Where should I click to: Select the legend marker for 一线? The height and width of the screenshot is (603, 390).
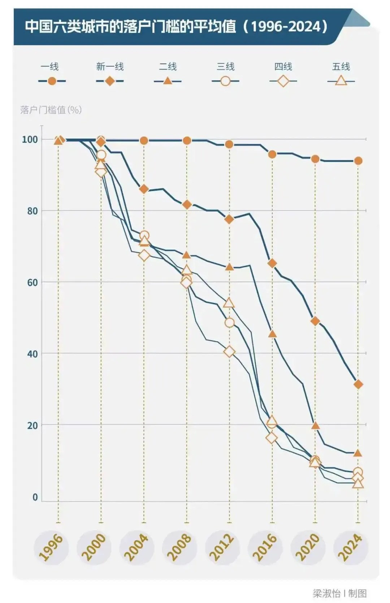pyautogui.click(x=52, y=81)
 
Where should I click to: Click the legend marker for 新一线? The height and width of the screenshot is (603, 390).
pyautogui.click(x=110, y=81)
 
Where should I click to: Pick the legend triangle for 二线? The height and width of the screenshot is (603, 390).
pyautogui.click(x=168, y=81)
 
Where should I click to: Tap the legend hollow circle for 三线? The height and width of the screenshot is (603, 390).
pyautogui.click(x=225, y=81)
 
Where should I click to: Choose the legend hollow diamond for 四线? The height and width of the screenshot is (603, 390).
pyautogui.click(x=283, y=81)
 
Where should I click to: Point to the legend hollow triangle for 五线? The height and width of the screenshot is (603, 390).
pyautogui.click(x=341, y=81)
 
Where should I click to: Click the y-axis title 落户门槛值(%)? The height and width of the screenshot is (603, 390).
pyautogui.click(x=51, y=109)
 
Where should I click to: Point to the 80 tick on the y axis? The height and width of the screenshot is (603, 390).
pyautogui.click(x=32, y=211)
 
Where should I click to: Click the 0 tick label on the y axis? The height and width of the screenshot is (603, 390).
pyautogui.click(x=35, y=497)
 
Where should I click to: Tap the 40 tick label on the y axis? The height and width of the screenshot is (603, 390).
pyautogui.click(x=32, y=354)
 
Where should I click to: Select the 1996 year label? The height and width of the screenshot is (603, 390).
pyautogui.click(x=51, y=548)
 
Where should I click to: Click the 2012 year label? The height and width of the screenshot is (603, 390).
pyautogui.click(x=222, y=548)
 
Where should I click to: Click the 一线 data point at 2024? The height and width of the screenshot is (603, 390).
pyautogui.click(x=358, y=161)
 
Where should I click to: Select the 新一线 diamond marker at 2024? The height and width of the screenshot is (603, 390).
pyautogui.click(x=358, y=384)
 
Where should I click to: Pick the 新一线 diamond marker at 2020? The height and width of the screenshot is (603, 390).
pyautogui.click(x=315, y=321)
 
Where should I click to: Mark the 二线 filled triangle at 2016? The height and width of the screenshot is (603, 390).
pyautogui.click(x=273, y=334)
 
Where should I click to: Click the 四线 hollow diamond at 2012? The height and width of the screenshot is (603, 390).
pyautogui.click(x=229, y=352)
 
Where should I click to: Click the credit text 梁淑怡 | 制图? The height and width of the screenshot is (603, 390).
pyautogui.click(x=339, y=593)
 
